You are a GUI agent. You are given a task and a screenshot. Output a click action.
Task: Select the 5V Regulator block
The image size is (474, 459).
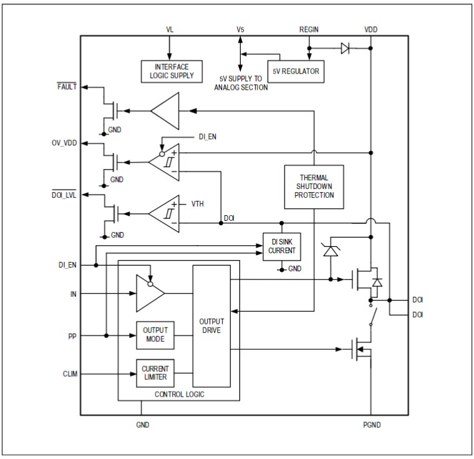(x=295, y=71)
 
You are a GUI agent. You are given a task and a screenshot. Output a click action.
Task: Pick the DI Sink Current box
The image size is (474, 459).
(x=280, y=246)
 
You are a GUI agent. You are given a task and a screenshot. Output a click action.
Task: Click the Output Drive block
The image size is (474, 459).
(x=211, y=325)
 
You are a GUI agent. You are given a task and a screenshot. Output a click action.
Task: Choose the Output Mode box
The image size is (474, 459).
(x=155, y=335)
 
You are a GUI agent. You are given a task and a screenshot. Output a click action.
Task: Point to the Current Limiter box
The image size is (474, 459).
(x=155, y=374)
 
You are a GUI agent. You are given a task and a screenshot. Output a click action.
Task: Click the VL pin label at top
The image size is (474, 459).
(x=170, y=29)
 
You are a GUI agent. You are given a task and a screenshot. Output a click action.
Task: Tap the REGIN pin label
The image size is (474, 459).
(x=309, y=29)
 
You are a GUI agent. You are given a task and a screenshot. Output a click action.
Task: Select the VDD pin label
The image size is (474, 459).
(x=370, y=29)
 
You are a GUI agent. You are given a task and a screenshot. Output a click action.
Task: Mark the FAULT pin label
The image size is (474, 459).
(x=66, y=87)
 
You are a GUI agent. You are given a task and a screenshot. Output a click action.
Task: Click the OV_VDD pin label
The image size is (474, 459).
(x=64, y=142)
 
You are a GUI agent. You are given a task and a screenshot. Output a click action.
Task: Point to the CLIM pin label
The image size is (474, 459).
(x=70, y=374)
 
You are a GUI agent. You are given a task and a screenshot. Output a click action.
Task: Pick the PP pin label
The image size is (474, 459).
(x=72, y=336)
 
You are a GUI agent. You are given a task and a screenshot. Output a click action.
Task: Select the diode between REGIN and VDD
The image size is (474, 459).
(x=345, y=47)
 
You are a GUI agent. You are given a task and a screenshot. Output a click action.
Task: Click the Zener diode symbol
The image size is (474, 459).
(x=329, y=250)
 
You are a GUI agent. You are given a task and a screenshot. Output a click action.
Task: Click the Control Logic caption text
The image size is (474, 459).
(x=179, y=394)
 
